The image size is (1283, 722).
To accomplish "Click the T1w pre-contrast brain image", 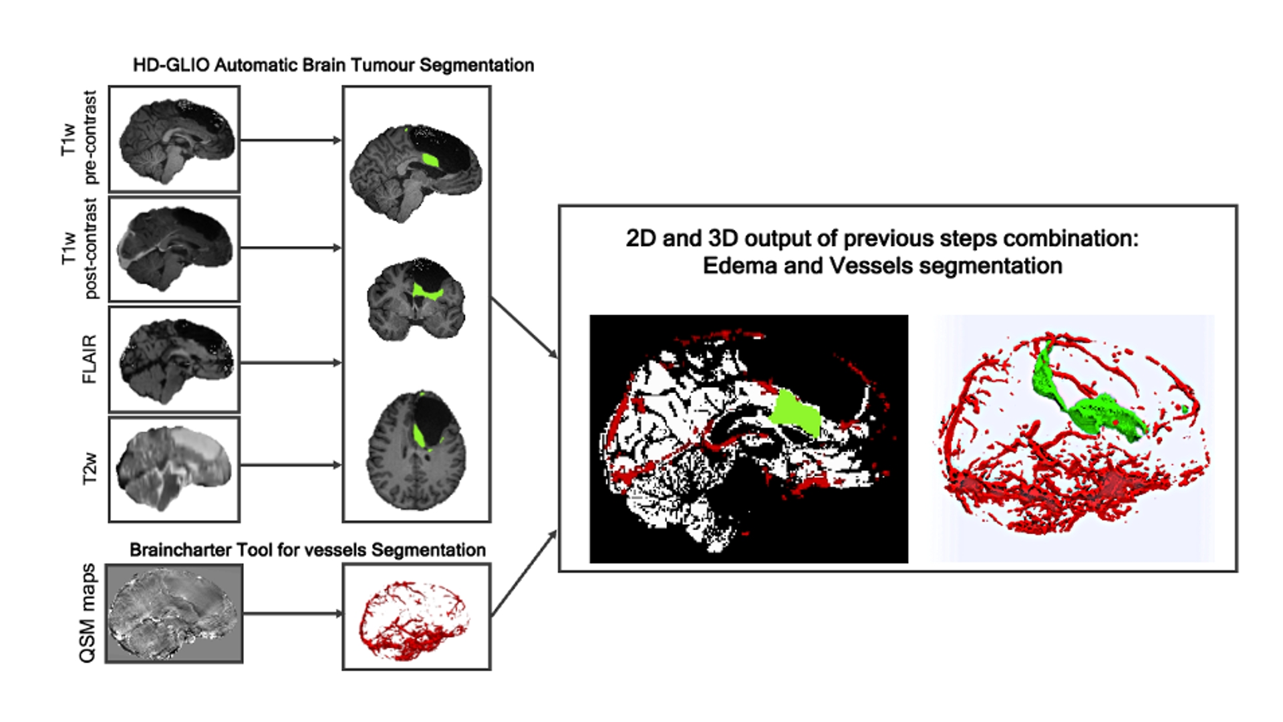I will [174, 139].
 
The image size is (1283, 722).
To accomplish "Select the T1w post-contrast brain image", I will [174, 249].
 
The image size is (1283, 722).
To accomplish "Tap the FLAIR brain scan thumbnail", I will [174, 359].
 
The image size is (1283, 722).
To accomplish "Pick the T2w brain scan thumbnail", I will [174, 469].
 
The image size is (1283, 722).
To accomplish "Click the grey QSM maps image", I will [174, 614].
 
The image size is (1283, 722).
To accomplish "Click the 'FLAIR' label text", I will [90, 359].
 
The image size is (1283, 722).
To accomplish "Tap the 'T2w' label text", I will [90, 469].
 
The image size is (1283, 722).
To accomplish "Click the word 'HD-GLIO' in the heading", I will [171, 66].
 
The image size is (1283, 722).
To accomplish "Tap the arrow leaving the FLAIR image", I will [291, 363].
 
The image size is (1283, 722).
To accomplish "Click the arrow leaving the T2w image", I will [291, 465].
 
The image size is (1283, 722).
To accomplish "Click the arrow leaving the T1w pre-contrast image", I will [291, 140].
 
